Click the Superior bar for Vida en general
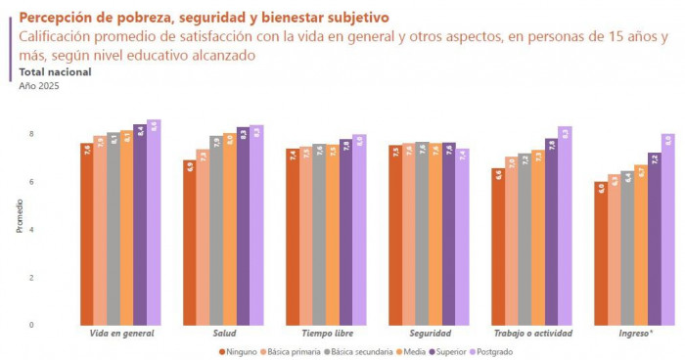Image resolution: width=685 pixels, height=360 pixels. coord(140,224)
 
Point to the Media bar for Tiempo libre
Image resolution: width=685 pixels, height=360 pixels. coord(333,235)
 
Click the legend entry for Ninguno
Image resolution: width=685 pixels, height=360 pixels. coord(239,351)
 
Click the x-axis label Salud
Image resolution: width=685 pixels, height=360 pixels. coord(224,334)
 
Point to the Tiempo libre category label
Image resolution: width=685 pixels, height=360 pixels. coord(326,334)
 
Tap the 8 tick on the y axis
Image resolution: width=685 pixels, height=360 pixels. coord(31,134)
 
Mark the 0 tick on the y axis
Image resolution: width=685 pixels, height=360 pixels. coord(31,325)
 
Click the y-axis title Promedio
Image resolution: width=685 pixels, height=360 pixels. coord(19,229)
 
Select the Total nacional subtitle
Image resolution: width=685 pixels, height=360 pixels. coord(55,72)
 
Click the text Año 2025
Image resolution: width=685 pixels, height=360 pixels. coord(39,86)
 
